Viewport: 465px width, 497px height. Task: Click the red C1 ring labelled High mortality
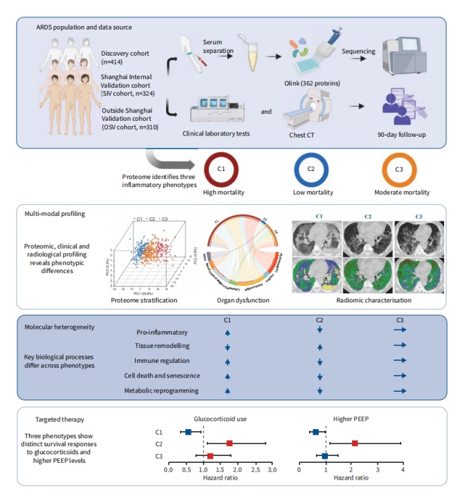tap(220, 169)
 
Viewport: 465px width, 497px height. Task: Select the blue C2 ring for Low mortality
tap(311, 169)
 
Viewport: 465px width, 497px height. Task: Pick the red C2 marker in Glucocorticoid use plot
tap(230, 443)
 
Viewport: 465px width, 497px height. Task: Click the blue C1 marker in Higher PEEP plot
tap(316, 432)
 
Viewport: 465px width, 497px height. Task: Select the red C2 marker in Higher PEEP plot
tap(355, 443)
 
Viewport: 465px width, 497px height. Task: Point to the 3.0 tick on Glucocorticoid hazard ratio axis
tap(271, 471)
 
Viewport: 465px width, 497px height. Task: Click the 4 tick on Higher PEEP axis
tap(403, 471)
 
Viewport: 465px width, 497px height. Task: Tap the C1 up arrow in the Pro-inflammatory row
tap(228, 332)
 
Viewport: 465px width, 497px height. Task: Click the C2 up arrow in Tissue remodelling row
tap(320, 347)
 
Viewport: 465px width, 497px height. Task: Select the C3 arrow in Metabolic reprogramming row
tap(400, 391)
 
